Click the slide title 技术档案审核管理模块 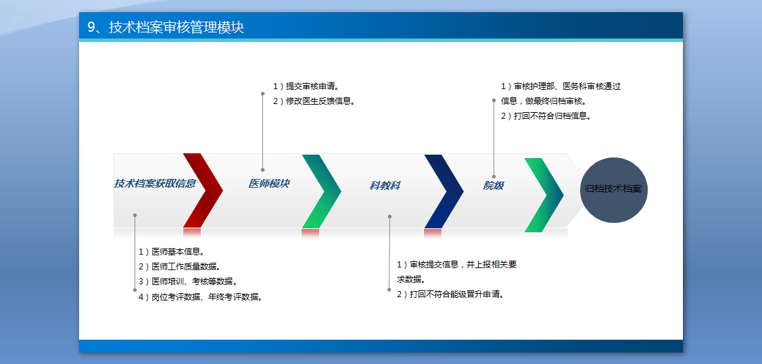[x=166, y=27]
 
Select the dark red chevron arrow [x=203, y=190]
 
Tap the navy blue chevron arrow [x=444, y=191]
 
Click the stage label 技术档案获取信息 [x=155, y=184]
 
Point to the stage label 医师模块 [x=268, y=184]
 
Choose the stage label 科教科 [x=385, y=186]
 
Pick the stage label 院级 [x=493, y=186]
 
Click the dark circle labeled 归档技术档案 [x=614, y=190]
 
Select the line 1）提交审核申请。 [x=306, y=86]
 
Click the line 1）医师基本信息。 [x=172, y=252]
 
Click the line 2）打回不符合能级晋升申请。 [x=450, y=294]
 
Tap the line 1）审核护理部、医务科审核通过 [x=561, y=86]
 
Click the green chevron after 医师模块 [x=322, y=191]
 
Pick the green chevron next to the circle [x=544, y=195]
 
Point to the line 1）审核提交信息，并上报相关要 [x=456, y=265]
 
